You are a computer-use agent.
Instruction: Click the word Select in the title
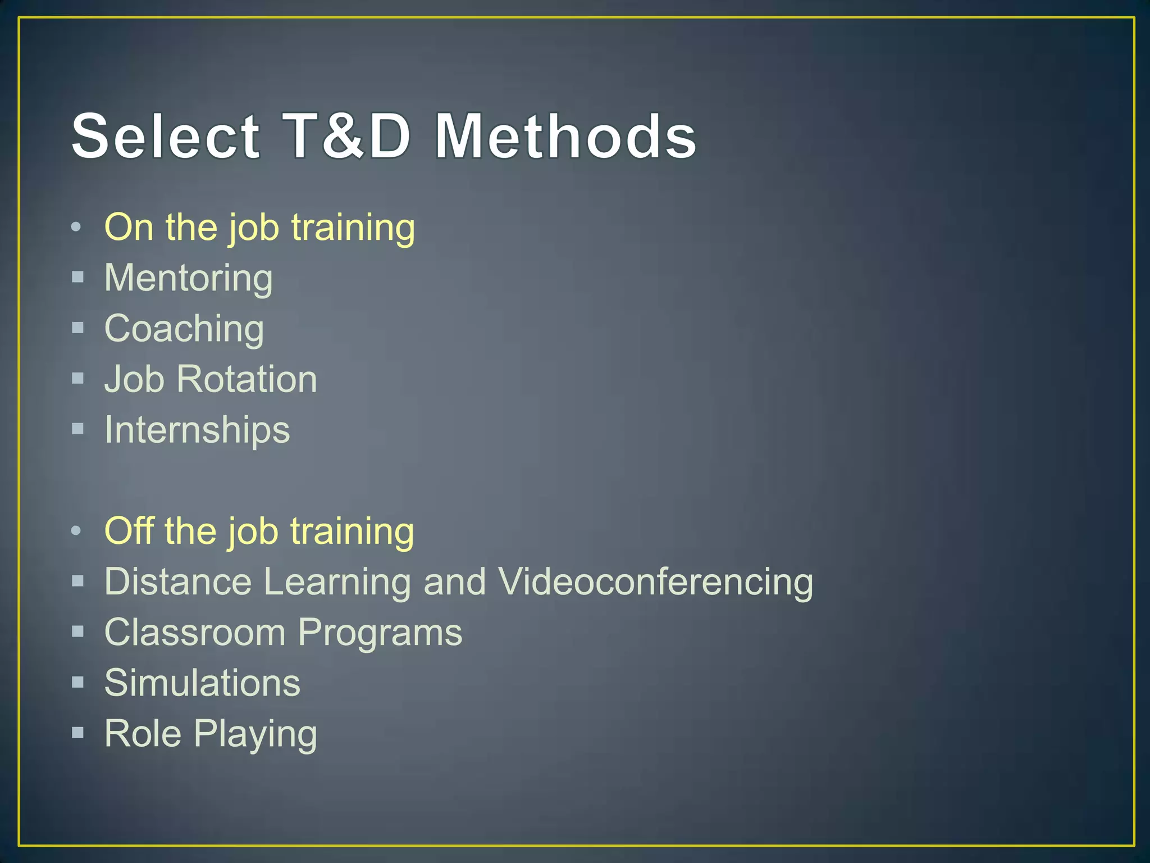[166, 137]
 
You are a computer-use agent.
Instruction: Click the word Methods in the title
[565, 137]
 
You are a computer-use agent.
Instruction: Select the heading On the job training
[259, 228]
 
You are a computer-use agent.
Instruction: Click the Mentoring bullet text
[189, 278]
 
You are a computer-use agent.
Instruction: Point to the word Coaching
[184, 329]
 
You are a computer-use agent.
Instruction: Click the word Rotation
[247, 379]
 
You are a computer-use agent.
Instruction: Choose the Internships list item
[197, 430]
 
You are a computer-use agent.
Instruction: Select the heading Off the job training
[259, 531]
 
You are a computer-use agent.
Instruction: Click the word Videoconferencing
[655, 582]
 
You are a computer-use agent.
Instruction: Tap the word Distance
[178, 582]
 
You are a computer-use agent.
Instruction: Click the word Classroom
[195, 632]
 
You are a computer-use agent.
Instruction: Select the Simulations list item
[202, 683]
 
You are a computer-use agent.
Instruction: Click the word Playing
[255, 734]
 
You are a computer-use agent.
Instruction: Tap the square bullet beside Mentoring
[78, 277]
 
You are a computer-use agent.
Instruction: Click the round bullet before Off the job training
[76, 531]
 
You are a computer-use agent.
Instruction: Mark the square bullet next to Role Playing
[78, 732]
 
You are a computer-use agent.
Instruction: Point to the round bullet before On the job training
[76, 228]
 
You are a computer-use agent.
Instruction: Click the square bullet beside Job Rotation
[78, 378]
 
